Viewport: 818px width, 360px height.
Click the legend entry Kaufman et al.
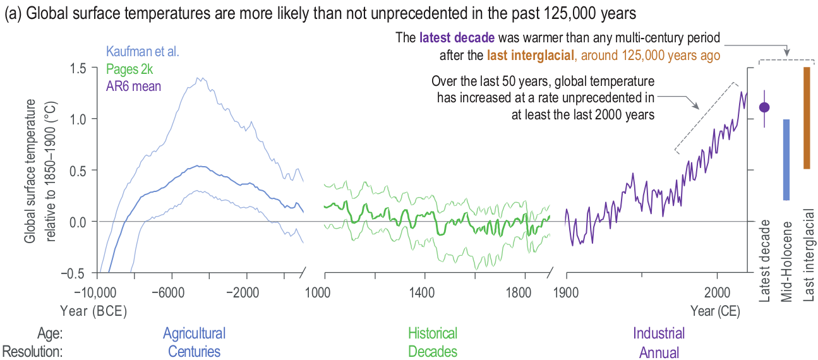tap(143, 52)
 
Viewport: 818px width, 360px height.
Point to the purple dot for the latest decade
tap(764, 107)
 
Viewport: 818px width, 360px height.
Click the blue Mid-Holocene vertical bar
tap(786, 160)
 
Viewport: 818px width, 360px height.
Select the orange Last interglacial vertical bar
tap(807, 118)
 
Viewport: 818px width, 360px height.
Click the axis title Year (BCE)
tap(93, 311)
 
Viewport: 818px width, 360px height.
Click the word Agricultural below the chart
tap(194, 333)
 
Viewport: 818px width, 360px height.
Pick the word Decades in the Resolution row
tap(433, 351)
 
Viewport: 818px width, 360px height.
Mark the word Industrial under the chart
tap(659, 333)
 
